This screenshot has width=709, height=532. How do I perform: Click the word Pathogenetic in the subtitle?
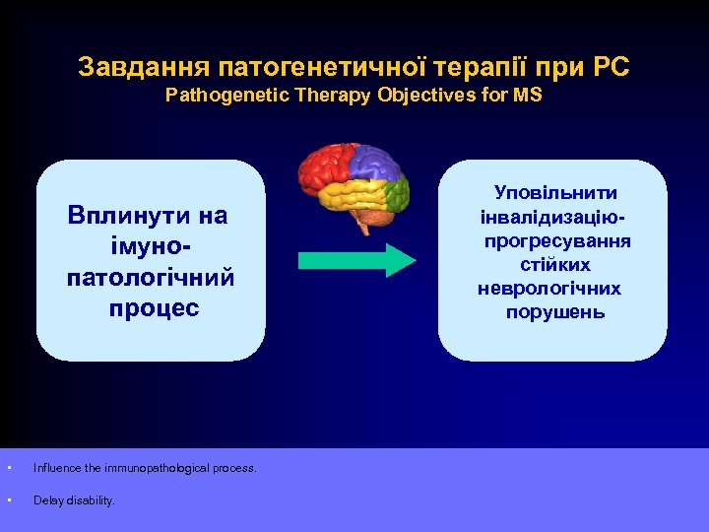[216, 97]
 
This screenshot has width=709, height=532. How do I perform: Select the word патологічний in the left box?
[151, 277]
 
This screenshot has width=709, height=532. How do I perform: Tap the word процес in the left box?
[153, 307]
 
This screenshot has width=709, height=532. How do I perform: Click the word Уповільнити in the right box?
[555, 194]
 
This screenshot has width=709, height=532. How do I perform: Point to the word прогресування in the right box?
[557, 241]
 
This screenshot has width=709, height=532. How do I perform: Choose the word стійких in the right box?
[556, 265]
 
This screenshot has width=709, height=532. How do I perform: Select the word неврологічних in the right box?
[549, 289]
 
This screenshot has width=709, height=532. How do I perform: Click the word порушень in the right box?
[556, 312]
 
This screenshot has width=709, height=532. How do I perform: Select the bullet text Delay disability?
[74, 500]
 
